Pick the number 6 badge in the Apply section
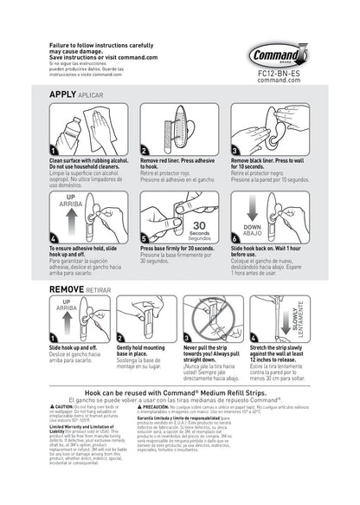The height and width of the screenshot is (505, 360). click(x=235, y=238)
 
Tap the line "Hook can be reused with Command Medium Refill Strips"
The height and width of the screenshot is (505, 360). click(x=180, y=391)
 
